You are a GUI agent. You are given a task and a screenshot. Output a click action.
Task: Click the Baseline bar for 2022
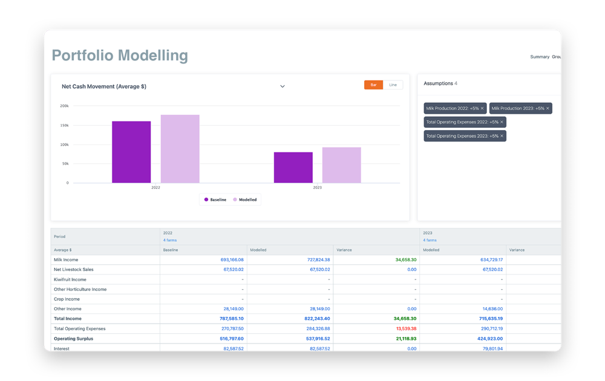pos(131,152)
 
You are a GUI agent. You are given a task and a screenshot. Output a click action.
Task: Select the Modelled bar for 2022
pos(180,149)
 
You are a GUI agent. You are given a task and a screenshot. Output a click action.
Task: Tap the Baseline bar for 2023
pos(293,168)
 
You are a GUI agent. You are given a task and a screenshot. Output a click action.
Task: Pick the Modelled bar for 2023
pos(341,165)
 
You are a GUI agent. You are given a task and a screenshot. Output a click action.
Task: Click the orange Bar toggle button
pos(373,85)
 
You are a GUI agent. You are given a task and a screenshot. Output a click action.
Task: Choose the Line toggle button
pos(393,85)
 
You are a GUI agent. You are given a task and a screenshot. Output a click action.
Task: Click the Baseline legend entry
pos(215,200)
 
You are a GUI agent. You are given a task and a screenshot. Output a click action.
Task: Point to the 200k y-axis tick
pos(64,106)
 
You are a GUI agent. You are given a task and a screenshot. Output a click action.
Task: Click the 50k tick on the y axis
pos(65,164)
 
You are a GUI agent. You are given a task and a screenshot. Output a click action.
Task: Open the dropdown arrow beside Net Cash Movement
pos(282,86)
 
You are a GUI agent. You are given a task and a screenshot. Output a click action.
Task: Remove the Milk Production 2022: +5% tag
pos(482,108)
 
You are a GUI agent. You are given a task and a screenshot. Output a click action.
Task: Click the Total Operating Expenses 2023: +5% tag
pos(462,136)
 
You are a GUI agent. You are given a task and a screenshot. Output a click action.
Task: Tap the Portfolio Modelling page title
pos(120,56)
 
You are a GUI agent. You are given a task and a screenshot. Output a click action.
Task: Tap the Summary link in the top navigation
pos(540,57)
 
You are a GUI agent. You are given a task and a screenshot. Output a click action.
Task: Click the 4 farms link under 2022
pos(170,240)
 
